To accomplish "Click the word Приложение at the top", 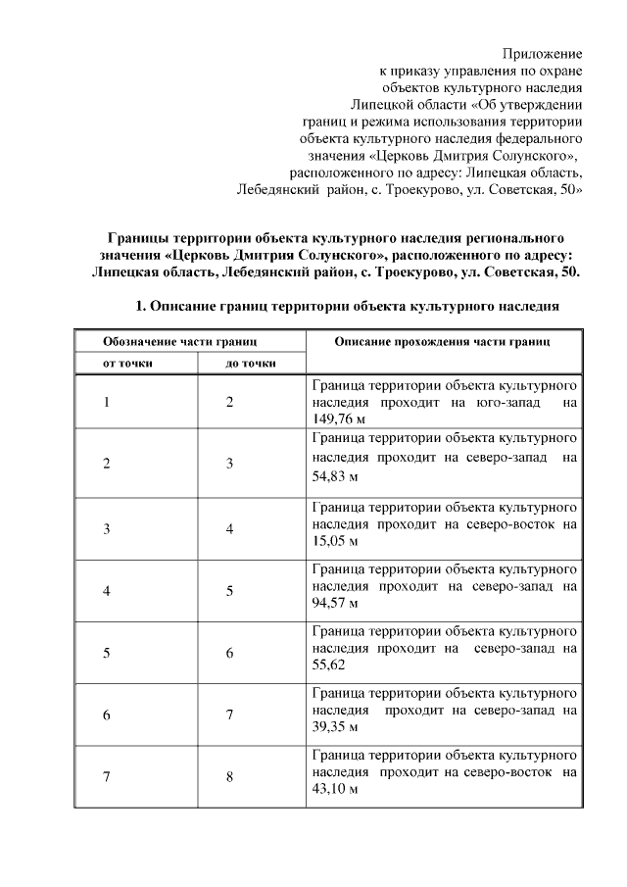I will point(543,53).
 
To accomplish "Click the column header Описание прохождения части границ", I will point(442,341).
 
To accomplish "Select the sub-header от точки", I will point(128,364).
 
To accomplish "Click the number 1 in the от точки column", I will point(106,402).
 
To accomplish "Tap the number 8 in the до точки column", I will point(229,776).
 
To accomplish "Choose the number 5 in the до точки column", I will point(229,590).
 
